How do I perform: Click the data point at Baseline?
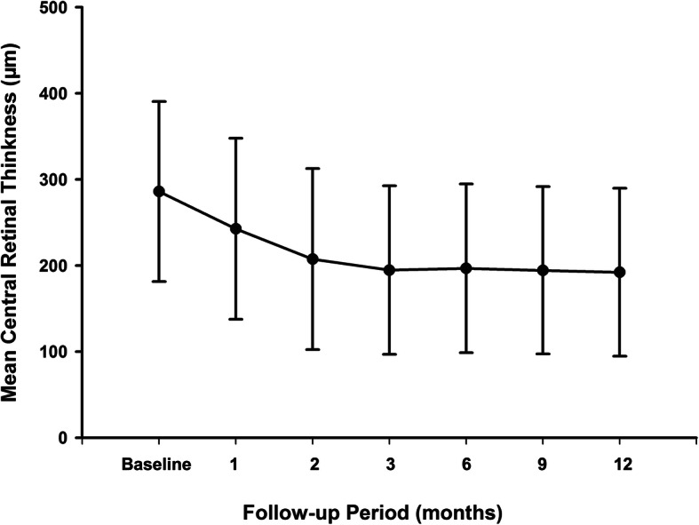[x=159, y=191]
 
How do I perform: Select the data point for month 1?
[x=235, y=228]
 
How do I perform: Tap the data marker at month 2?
[x=313, y=259]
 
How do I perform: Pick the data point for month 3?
[x=389, y=269]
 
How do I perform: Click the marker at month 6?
[x=466, y=267]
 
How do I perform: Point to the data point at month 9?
[x=543, y=269]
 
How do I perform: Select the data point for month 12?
[x=620, y=272]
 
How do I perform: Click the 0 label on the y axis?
[x=68, y=438]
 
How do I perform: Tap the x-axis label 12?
[x=620, y=465]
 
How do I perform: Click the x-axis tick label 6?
[x=466, y=465]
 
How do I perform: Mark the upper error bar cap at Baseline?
[x=159, y=101]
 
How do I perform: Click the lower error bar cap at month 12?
[x=620, y=356]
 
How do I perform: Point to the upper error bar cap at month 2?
[x=313, y=168]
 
